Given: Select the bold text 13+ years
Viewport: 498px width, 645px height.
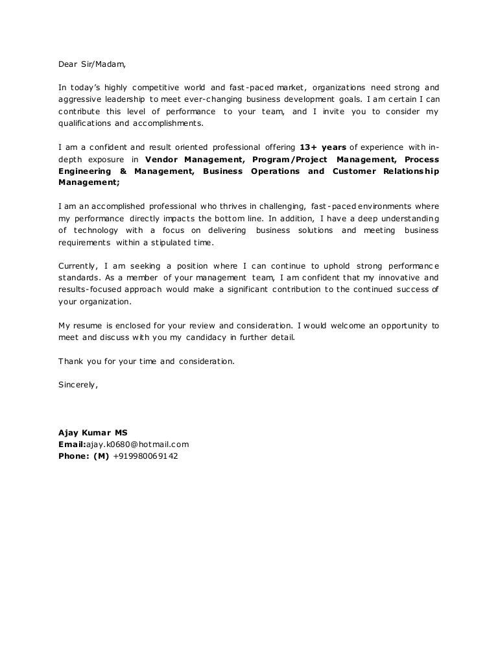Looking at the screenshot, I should tap(324, 147).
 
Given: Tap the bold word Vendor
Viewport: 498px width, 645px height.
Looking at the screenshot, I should tap(163, 159).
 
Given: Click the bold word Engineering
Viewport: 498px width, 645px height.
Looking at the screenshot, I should tap(84, 171).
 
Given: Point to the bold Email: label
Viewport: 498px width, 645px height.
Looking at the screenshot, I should tap(72, 444).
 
